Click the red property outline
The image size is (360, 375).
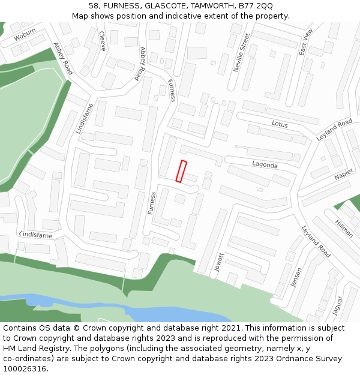(181, 171)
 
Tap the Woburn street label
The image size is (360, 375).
(25, 35)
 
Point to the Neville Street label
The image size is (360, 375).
(241, 53)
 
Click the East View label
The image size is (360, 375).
(306, 42)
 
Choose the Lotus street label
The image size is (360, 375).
(280, 124)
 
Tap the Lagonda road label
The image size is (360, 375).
(265, 164)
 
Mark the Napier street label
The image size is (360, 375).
(344, 174)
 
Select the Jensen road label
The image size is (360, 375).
(296, 277)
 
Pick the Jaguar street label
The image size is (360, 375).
(338, 306)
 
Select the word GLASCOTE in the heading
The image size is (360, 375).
(143, 6)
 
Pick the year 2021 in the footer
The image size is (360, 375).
(230, 328)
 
